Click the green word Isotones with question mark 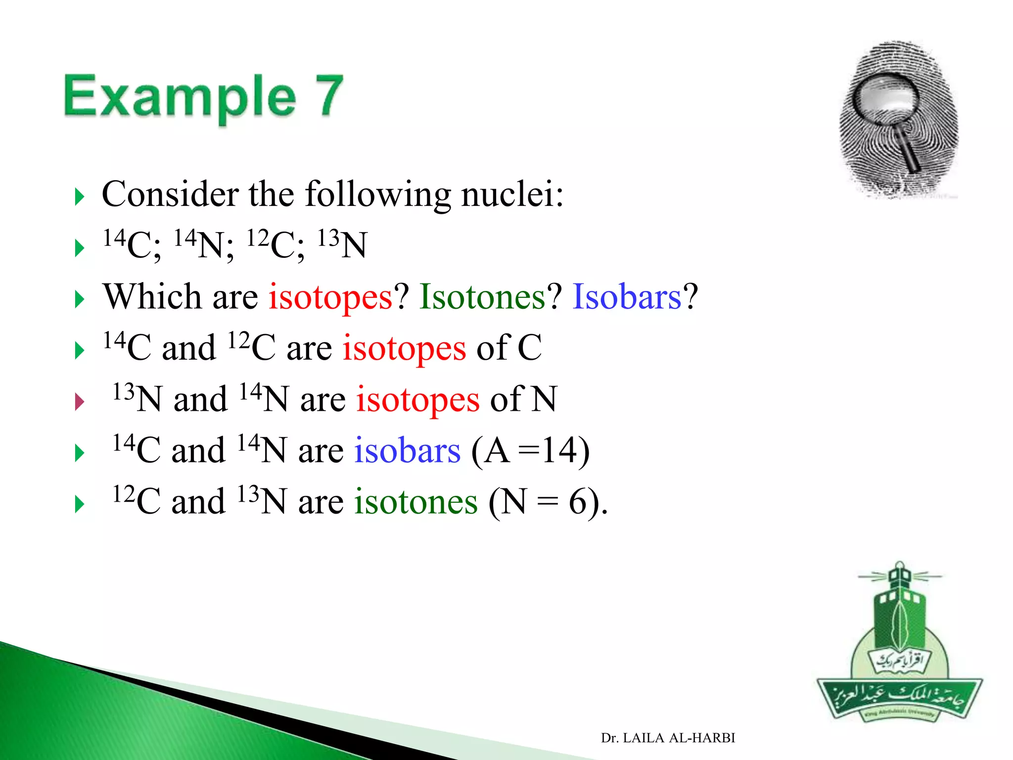tap(482, 297)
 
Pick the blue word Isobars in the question tap(627, 297)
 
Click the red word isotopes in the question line tap(330, 297)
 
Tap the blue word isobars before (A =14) tap(407, 451)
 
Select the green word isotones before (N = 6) tap(415, 502)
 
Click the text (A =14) tap(530, 451)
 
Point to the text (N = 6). tap(548, 502)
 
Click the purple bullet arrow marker tap(79, 401)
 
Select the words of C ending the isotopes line tap(508, 348)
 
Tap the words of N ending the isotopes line tap(523, 399)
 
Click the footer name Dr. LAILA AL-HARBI tap(668, 738)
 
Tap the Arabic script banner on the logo tap(899, 697)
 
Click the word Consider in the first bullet tap(170, 194)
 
